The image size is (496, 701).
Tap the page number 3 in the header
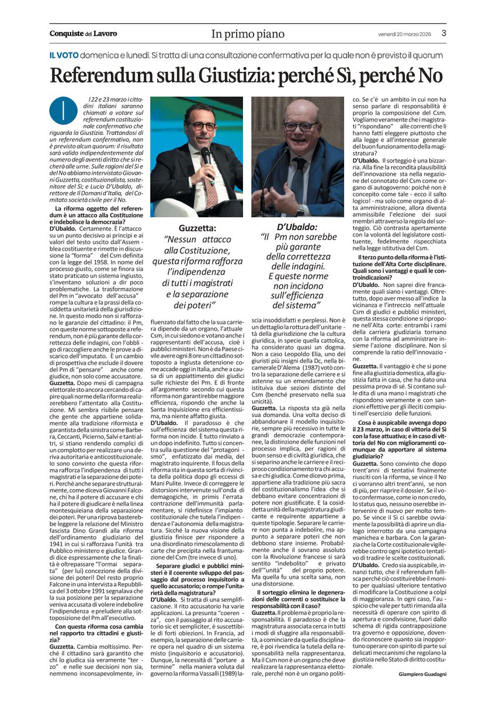click(443, 33)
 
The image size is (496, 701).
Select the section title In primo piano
click(248, 34)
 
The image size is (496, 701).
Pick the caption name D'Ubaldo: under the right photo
click(297, 226)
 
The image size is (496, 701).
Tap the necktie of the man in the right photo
click(299, 175)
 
